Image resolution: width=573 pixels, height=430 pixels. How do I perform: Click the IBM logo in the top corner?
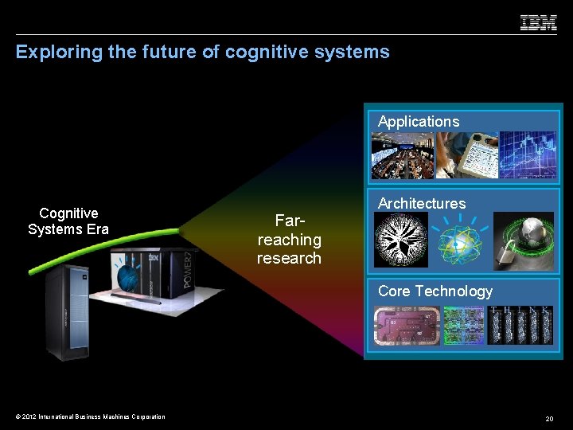pos(538,23)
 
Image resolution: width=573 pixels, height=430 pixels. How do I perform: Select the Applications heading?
pos(419,122)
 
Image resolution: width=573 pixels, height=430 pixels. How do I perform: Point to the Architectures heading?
pos(422,204)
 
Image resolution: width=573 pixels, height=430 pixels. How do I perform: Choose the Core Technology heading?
pos(435,291)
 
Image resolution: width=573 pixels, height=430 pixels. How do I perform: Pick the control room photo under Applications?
pos(402,155)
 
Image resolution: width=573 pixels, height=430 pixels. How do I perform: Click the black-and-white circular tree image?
pos(401,239)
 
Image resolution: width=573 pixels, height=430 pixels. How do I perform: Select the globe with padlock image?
pos(522,240)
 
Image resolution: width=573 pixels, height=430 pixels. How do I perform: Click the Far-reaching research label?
pos(289,239)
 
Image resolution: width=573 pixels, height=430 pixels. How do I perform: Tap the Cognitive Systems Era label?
pos(68,221)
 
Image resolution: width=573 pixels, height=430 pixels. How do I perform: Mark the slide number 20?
pos(549,418)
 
